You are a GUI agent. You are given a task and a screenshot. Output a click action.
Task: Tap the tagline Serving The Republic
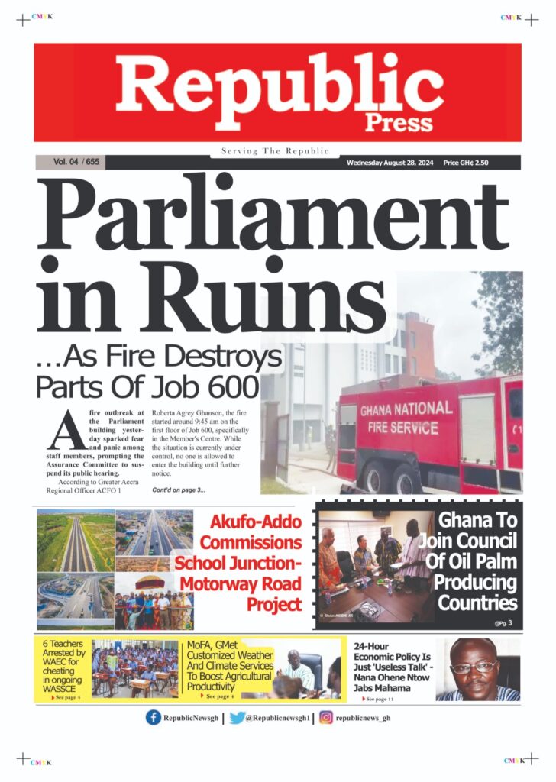[275, 151]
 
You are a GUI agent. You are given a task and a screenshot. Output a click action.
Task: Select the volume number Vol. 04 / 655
[76, 162]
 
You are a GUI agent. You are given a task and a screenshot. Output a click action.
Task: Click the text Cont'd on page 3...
[179, 489]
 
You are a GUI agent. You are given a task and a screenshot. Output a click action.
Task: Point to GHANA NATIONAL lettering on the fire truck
[405, 410]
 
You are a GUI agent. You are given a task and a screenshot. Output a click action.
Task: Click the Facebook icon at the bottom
[154, 718]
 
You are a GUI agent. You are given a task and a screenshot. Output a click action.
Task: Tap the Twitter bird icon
[237, 718]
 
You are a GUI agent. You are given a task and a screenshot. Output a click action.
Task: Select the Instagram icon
[326, 718]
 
